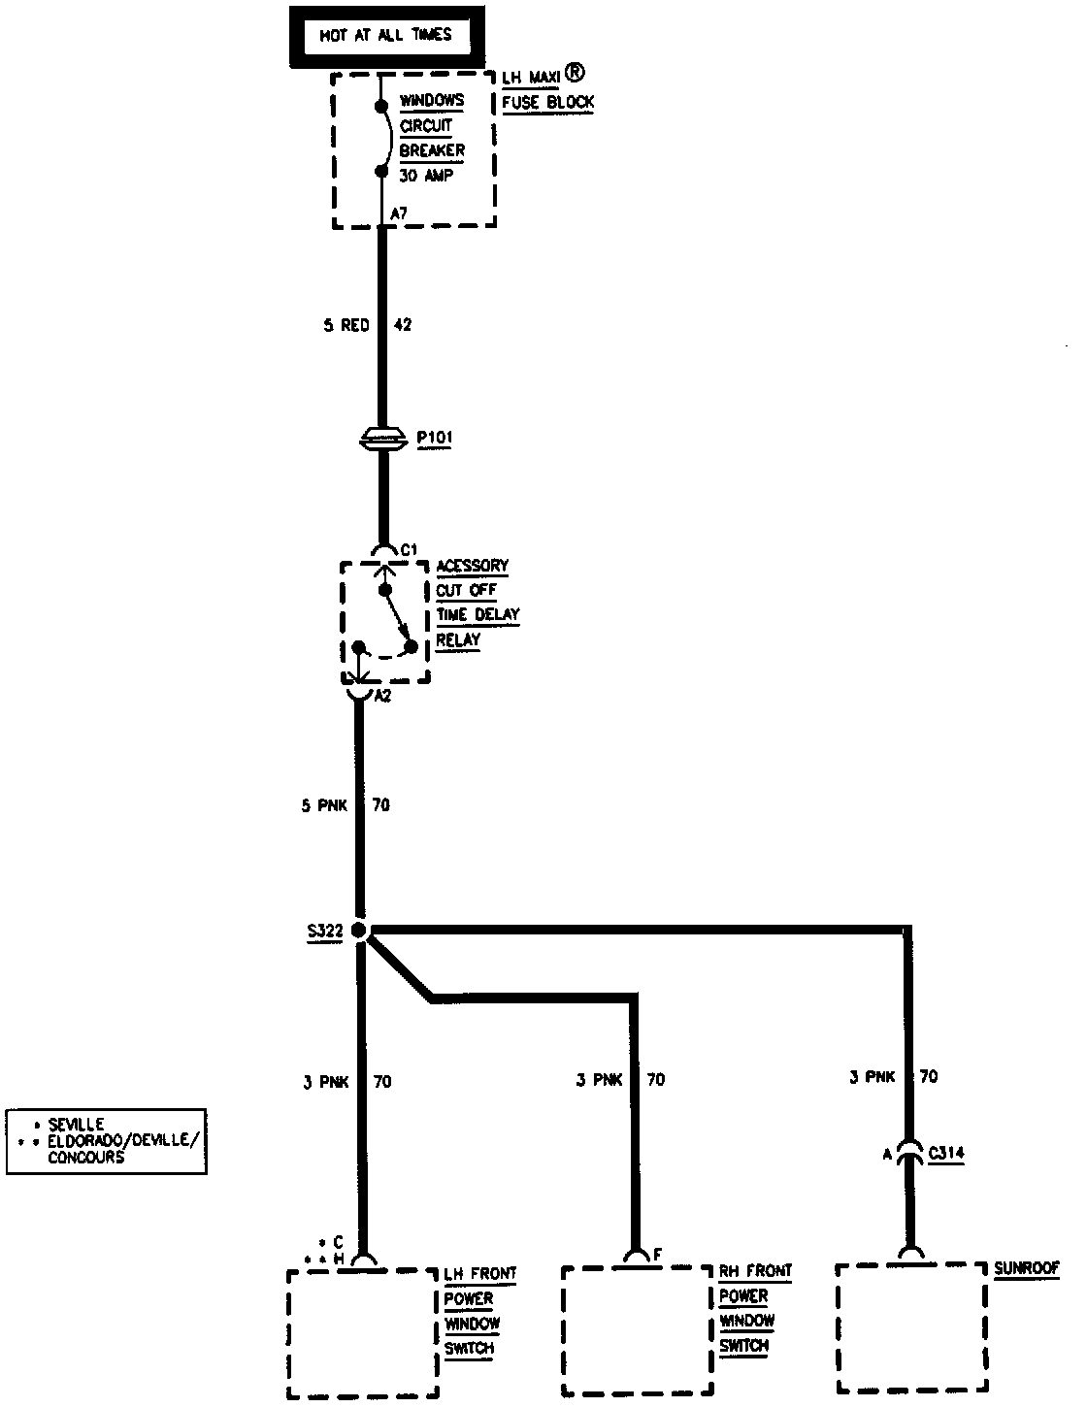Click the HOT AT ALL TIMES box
[x=385, y=37]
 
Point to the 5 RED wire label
[x=346, y=326]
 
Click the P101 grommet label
[x=435, y=438]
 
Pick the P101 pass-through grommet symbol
[x=384, y=439]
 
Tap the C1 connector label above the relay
[x=409, y=550]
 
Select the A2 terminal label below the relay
[x=382, y=696]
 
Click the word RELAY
[x=458, y=640]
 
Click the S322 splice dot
[x=360, y=931]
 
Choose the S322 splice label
[x=323, y=932]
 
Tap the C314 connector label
[x=946, y=1155]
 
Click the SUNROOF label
[x=1027, y=1267]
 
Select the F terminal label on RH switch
[x=657, y=1254]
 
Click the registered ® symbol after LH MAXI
[x=576, y=73]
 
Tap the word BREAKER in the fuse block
[x=432, y=150]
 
